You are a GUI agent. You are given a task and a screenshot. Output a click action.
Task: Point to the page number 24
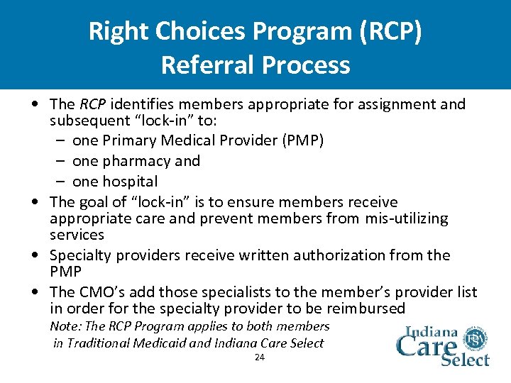(x=259, y=357)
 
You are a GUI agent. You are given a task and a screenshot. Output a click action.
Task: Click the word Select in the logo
(x=466, y=359)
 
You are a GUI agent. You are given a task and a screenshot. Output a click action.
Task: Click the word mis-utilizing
(x=406, y=218)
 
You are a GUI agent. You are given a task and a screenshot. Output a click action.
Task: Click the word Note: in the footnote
(x=66, y=327)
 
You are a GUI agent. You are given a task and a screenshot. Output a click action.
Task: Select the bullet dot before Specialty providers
(x=35, y=255)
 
